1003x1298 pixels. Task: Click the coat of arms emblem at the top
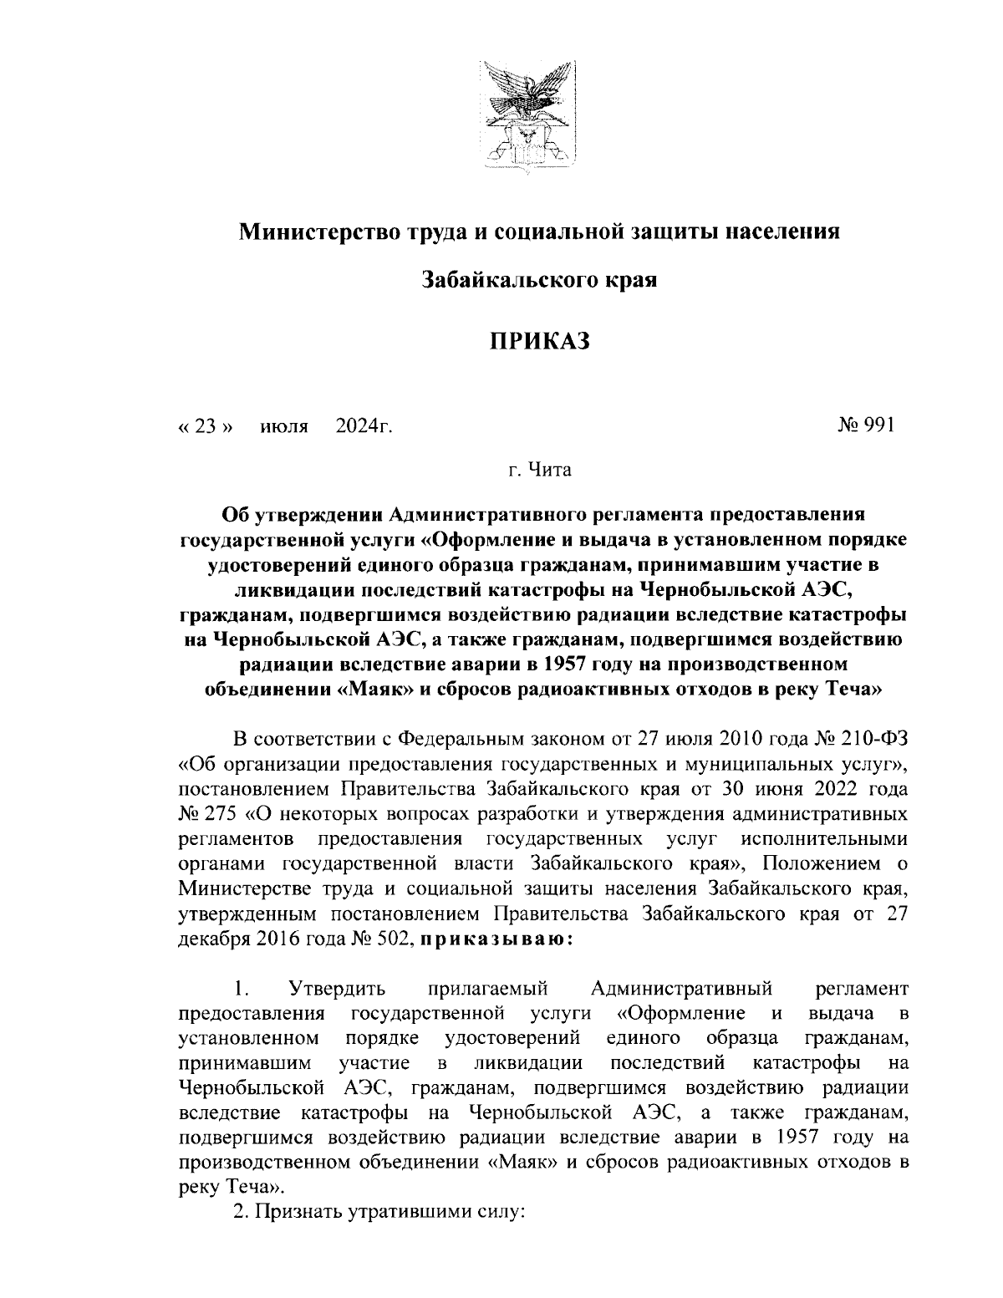pos(528,118)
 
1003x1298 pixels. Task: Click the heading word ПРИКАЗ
pos(540,341)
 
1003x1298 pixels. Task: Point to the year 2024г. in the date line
pos(364,427)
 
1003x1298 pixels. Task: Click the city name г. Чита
pos(540,471)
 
